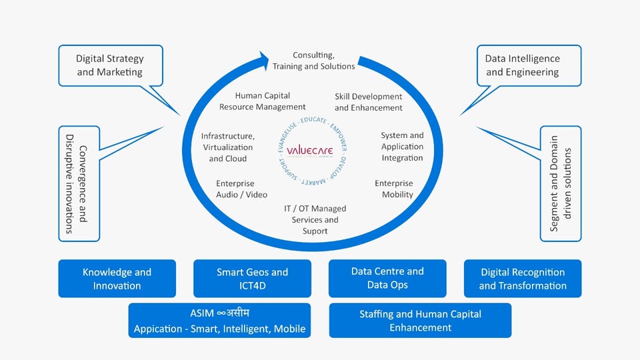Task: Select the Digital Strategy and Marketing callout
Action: (110, 65)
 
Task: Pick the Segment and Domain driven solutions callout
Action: (561, 183)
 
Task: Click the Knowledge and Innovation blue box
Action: (117, 279)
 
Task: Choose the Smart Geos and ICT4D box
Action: (252, 279)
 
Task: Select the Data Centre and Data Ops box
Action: (387, 279)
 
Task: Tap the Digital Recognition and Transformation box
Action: (523, 279)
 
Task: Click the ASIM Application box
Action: (219, 321)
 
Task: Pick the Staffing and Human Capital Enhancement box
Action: (421, 321)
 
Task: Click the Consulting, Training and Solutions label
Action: (314, 61)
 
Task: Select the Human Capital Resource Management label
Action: (263, 101)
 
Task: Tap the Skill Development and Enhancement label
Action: (369, 102)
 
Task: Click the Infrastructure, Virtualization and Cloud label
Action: (228, 147)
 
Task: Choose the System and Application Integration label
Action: (402, 147)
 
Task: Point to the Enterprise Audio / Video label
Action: (241, 189)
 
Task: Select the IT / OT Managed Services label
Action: (315, 219)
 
